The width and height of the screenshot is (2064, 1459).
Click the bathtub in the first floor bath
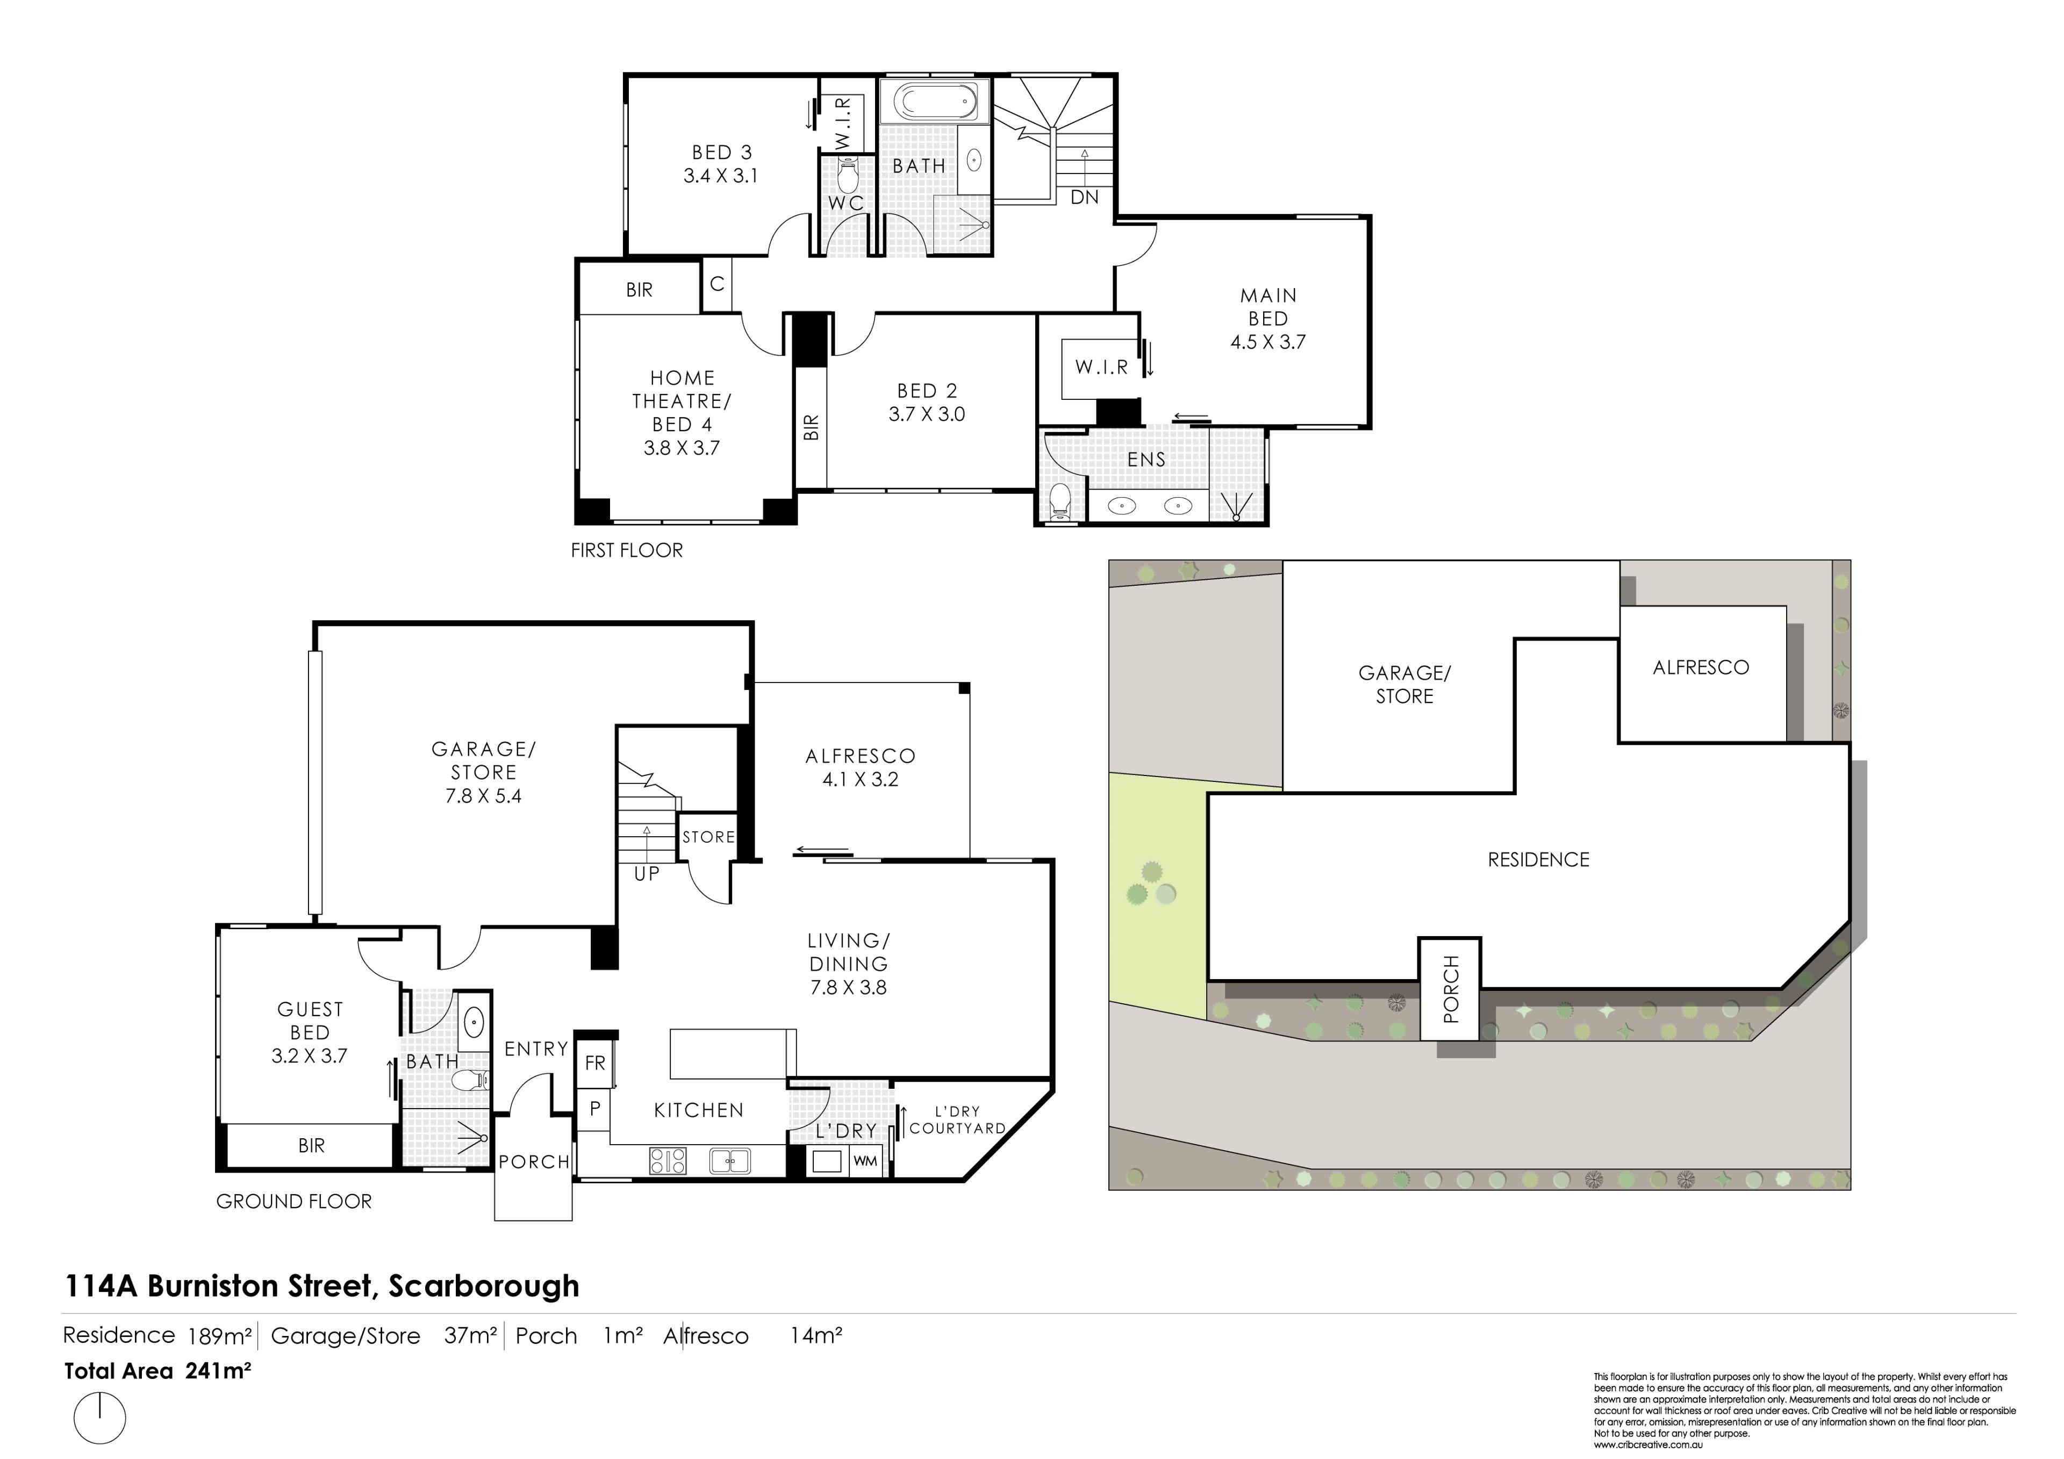(935, 103)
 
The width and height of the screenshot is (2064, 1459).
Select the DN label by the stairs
(1085, 197)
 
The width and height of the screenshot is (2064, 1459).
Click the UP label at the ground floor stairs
(647, 874)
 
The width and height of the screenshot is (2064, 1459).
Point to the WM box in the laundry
(865, 1161)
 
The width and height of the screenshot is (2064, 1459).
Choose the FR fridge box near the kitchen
(595, 1062)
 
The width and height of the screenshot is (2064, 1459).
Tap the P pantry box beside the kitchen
(594, 1109)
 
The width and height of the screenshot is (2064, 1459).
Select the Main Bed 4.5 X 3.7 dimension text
(1267, 342)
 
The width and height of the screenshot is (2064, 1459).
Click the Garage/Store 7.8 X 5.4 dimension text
(484, 795)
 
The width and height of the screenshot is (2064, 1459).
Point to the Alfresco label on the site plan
(1701, 667)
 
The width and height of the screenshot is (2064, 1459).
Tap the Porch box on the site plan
(1450, 989)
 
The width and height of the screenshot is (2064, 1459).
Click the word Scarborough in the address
(484, 1286)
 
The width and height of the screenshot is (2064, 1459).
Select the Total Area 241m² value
(218, 1371)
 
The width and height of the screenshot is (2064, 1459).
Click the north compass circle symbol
(100, 1419)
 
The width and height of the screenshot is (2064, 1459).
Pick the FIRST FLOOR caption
(627, 550)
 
